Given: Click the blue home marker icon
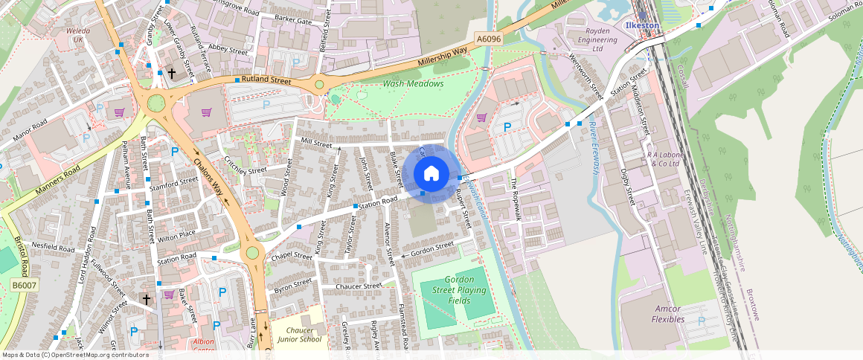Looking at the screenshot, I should (x=431, y=173).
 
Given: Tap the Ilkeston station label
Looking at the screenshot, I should (x=641, y=25).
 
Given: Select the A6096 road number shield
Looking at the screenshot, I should (x=488, y=39).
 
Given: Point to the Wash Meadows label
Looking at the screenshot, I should (x=413, y=84).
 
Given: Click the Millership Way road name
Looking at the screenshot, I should (x=443, y=55).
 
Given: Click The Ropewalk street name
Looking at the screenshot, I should (x=515, y=199).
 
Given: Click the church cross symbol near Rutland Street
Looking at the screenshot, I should (x=172, y=74).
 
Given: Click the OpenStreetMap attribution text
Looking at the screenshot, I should (x=75, y=355).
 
